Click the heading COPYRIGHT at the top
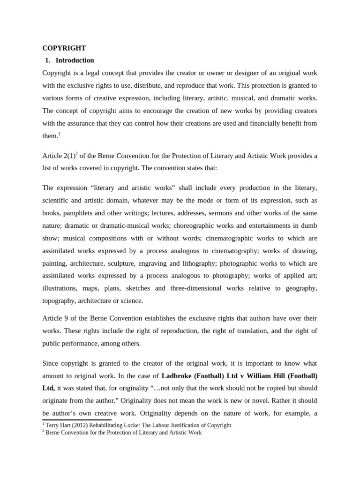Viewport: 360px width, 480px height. tap(64, 48)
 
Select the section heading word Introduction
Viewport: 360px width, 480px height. tap(75, 60)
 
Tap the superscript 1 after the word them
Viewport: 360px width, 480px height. tap(59, 134)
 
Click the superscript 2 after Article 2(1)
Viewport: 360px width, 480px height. tap(76, 154)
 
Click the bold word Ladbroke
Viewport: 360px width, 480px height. tap(177, 375)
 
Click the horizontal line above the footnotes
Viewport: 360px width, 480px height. tap(77, 420)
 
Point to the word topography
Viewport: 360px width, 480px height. tap(59, 301)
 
